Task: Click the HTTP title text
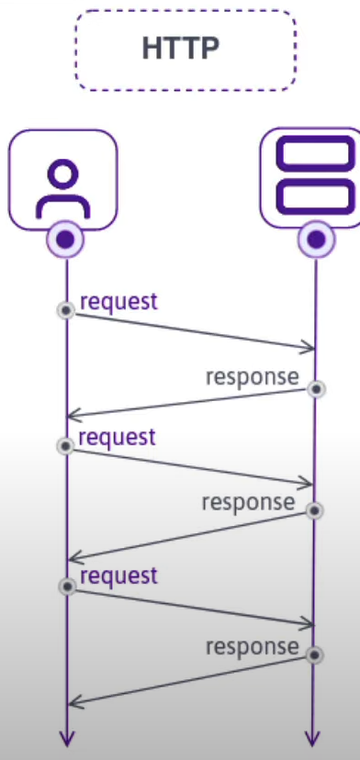tap(181, 49)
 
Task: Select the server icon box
tap(315, 176)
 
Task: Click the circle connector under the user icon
tap(65, 240)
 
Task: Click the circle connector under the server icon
tap(316, 240)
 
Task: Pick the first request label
tap(118, 300)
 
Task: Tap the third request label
tap(118, 576)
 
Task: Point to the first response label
tap(252, 376)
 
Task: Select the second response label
tap(248, 502)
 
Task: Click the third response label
tap(252, 646)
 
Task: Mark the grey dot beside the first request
tap(65, 310)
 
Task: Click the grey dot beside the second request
tap(65, 446)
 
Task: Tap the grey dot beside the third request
tap(65, 586)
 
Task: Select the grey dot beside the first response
tap(316, 389)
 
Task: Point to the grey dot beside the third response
tap(316, 655)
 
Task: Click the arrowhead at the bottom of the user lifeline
tap(66, 739)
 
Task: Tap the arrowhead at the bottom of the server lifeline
tap(315, 739)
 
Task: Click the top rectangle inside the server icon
tap(315, 153)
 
